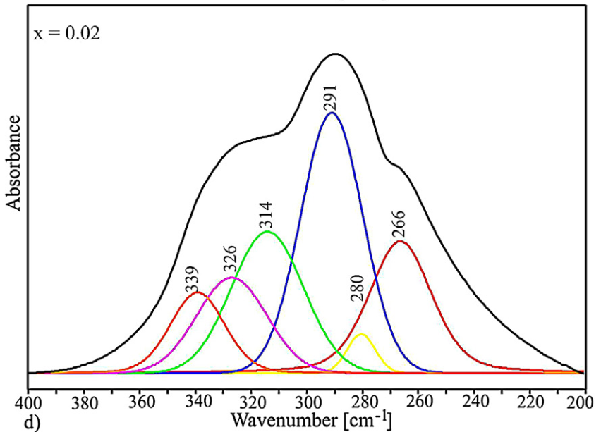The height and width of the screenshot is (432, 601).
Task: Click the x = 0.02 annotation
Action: coord(67,33)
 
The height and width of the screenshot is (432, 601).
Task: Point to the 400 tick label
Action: coord(28,404)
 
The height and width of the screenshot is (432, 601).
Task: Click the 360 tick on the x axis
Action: coord(140,404)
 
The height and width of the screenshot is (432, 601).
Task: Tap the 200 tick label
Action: coord(582,404)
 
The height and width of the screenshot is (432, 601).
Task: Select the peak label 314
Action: coord(267,214)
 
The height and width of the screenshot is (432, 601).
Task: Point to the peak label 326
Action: coord(231,261)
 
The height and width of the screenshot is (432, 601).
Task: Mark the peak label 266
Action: coord(400,223)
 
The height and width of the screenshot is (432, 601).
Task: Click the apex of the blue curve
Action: coord(332,112)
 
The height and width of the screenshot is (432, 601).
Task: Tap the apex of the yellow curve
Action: coord(361,334)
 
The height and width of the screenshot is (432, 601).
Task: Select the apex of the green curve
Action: coord(267,231)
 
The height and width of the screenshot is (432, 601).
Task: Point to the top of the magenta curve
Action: coord(231,278)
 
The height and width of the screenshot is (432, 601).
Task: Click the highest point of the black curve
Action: coord(336,54)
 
